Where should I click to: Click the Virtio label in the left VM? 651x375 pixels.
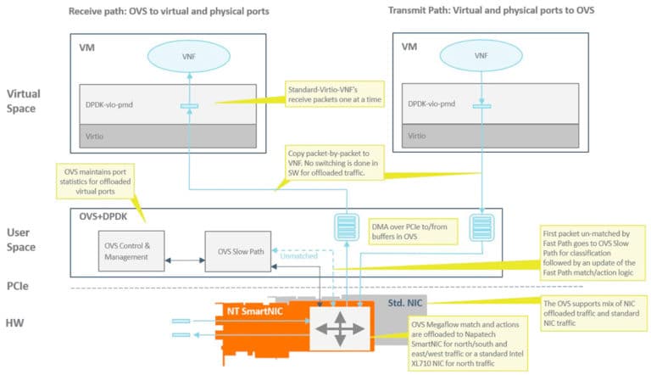coord(95,135)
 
